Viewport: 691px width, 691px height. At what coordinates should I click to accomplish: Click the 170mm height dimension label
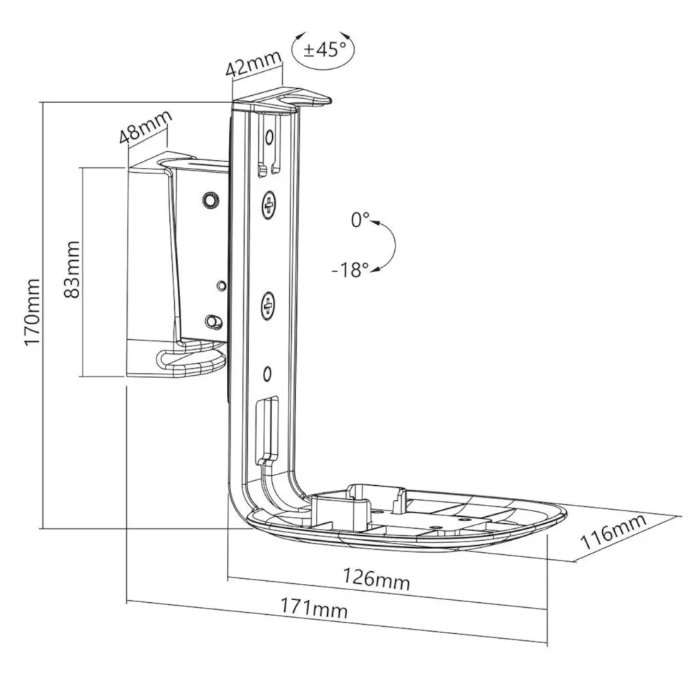tap(34, 312)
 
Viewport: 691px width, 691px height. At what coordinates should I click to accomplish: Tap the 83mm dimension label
tap(72, 269)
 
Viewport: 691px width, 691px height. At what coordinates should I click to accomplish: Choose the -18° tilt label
tap(350, 269)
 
